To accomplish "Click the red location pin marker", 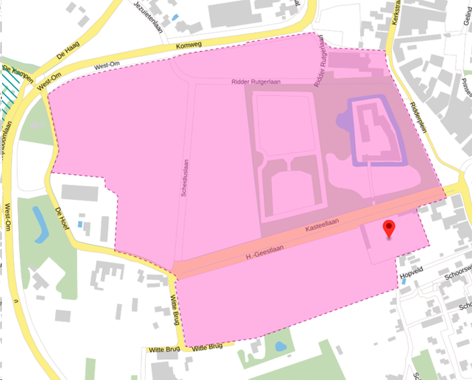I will (x=389, y=228).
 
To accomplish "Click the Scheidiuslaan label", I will (x=183, y=177).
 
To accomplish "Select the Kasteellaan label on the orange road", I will (x=322, y=224).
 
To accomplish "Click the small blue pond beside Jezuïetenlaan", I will (x=175, y=17).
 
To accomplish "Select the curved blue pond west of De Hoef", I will (x=40, y=225).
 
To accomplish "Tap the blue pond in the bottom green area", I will (x=281, y=347).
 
